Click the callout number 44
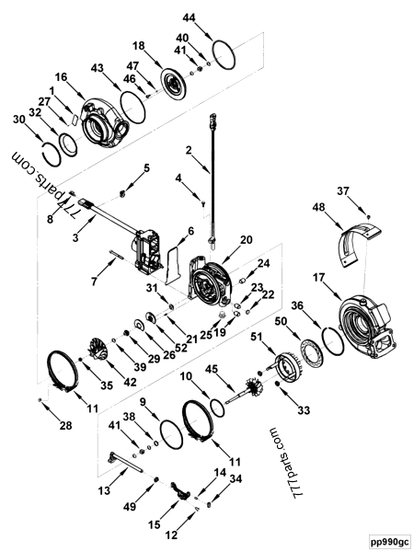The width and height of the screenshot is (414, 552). [189, 18]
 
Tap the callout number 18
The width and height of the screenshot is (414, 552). [139, 45]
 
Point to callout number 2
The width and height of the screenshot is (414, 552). [188, 150]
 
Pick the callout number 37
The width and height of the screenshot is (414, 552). [368, 190]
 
